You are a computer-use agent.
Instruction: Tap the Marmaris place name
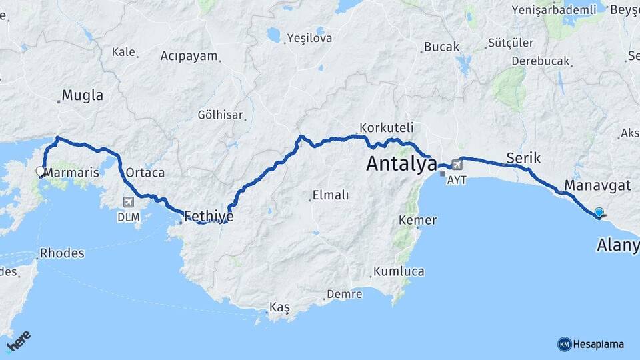pyautogui.click(x=71, y=173)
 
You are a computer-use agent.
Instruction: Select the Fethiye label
pyautogui.click(x=209, y=215)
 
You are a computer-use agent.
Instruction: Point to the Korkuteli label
pyautogui.click(x=387, y=127)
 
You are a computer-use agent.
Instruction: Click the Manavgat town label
pyautogui.click(x=597, y=185)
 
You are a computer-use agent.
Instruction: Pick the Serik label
pyautogui.click(x=523, y=158)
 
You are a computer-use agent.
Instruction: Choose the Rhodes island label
pyautogui.click(x=62, y=253)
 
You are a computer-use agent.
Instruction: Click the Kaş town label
pyautogui.click(x=280, y=307)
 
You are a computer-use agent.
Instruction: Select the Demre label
pyautogui.click(x=345, y=294)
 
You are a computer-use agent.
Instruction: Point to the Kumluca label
pyautogui.click(x=399, y=271)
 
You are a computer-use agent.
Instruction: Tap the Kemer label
pyautogui.click(x=417, y=220)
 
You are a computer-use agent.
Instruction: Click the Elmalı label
pyautogui.click(x=329, y=195)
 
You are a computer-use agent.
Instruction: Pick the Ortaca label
pyautogui.click(x=145, y=173)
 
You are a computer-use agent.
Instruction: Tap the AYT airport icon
pyautogui.click(x=457, y=164)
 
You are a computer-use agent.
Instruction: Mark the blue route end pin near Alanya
pyautogui.click(x=599, y=213)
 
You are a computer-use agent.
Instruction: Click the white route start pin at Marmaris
pyautogui.click(x=40, y=172)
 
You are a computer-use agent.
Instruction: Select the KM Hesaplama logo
pyautogui.click(x=591, y=344)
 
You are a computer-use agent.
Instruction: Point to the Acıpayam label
pyautogui.click(x=189, y=56)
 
